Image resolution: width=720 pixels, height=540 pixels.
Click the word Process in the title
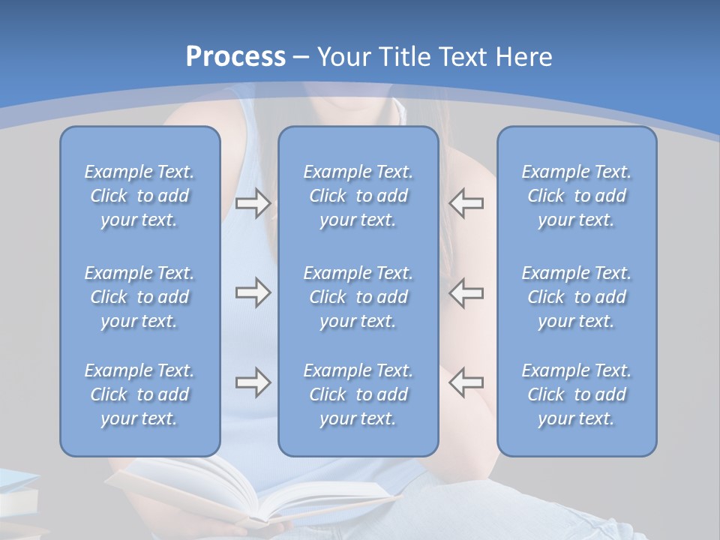click(235, 57)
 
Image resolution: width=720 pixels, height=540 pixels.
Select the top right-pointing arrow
click(253, 203)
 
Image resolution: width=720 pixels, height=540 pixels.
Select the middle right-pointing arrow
click(253, 293)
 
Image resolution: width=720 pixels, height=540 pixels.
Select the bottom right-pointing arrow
click(253, 383)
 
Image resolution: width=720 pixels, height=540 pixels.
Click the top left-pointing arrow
click(466, 203)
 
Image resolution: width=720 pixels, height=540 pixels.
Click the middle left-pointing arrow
click(466, 293)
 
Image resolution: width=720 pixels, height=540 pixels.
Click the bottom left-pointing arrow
click(466, 383)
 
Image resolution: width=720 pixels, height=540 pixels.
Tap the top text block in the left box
click(139, 196)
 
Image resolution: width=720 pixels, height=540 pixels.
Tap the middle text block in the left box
click(139, 297)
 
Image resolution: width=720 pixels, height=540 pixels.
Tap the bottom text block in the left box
click(139, 394)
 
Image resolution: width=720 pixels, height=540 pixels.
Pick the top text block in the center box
click(358, 196)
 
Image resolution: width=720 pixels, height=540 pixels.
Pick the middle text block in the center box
click(358, 297)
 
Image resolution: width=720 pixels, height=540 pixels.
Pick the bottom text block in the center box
click(358, 394)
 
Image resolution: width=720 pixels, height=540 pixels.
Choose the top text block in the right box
click(576, 196)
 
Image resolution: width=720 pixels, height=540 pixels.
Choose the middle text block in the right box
click(576, 297)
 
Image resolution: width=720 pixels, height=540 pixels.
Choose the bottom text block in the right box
click(576, 394)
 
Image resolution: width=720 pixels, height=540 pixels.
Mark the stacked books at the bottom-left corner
click(16, 502)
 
